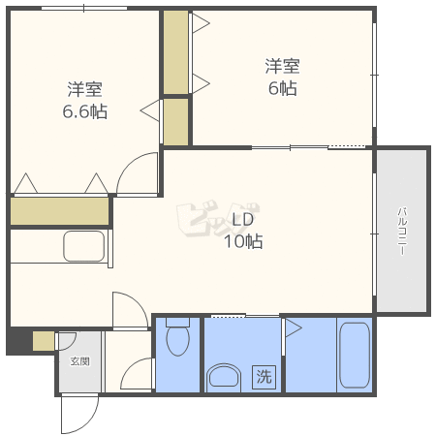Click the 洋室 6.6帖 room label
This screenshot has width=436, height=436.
click(x=84, y=101)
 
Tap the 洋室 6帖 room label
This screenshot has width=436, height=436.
click(x=282, y=77)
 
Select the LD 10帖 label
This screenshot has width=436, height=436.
click(x=243, y=231)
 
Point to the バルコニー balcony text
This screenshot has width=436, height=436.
click(x=402, y=232)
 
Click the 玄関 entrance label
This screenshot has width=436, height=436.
click(x=80, y=361)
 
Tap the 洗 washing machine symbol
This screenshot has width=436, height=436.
click(x=264, y=377)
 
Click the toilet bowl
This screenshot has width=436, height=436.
click(x=177, y=337)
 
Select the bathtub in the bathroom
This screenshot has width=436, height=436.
click(x=355, y=355)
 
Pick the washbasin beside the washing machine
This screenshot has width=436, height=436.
click(x=224, y=376)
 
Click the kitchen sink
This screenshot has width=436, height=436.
click(x=84, y=246)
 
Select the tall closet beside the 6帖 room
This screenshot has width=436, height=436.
click(x=175, y=52)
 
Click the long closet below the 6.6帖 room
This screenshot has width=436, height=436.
click(x=60, y=211)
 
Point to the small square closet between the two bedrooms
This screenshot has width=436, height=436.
click(x=175, y=122)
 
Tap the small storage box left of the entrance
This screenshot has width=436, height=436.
click(x=44, y=341)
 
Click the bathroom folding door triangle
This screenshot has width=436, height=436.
click(x=293, y=328)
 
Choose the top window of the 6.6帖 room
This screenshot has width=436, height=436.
click(x=84, y=8)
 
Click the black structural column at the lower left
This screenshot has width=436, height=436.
click(x=20, y=341)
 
